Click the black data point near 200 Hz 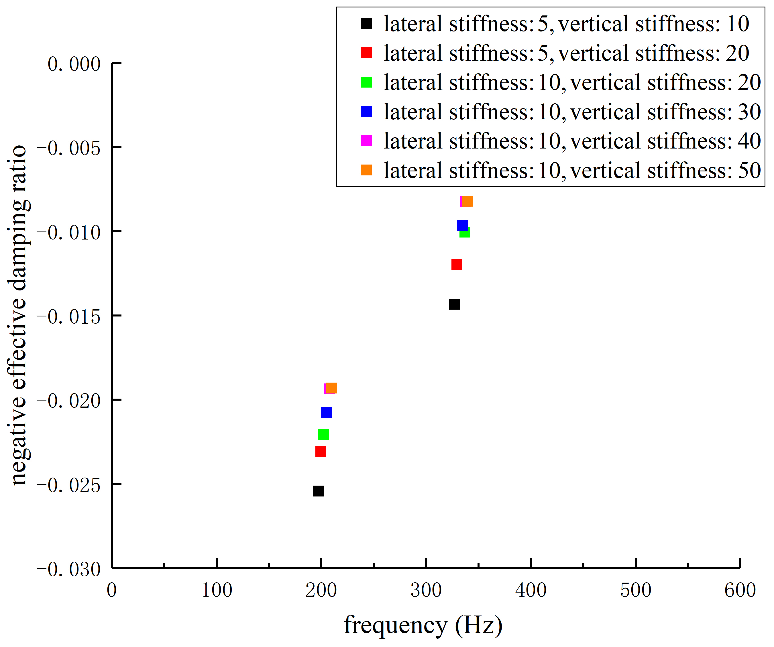[319, 491]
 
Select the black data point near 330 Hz [454, 304]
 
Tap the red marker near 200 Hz [321, 451]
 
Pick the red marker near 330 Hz [457, 264]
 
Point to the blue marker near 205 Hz [327, 412]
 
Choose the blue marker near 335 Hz [462, 226]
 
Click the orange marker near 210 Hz [332, 388]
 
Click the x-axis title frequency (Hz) [423, 625]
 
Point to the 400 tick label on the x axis [531, 590]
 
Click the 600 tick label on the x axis [740, 590]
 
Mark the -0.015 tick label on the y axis [69, 317]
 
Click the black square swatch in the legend [366, 23]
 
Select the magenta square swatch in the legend [366, 141]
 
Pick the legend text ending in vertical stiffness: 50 [572, 170]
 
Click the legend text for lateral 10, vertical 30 [572, 112]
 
